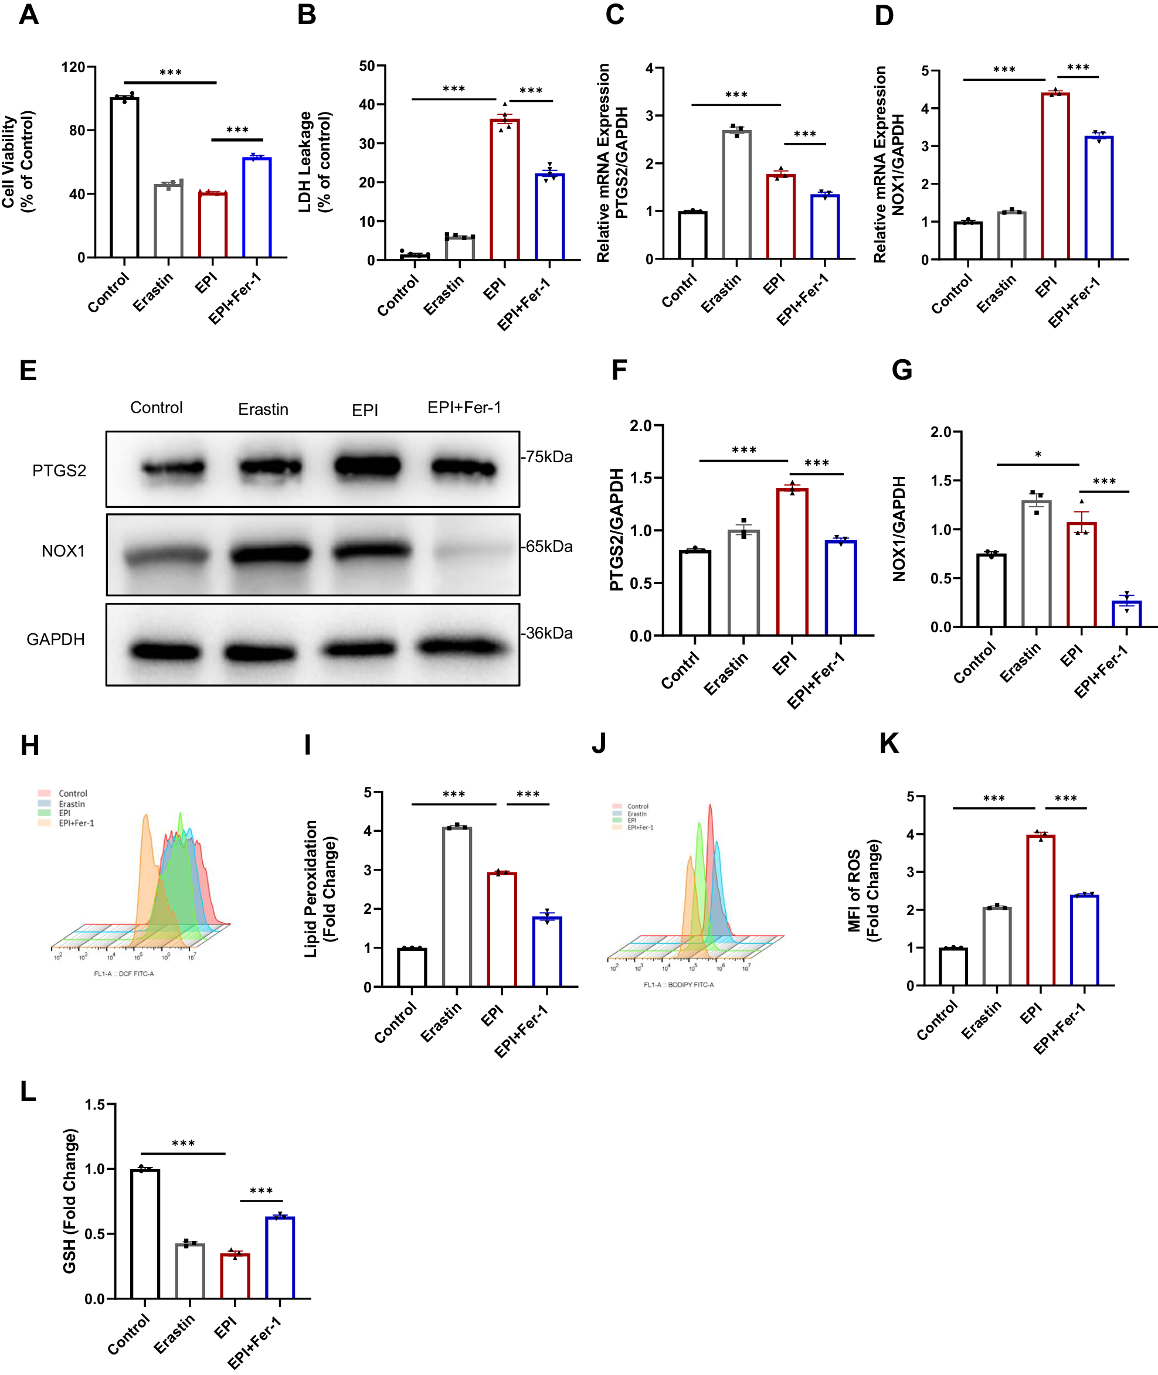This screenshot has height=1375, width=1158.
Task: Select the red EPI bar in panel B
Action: pos(504,190)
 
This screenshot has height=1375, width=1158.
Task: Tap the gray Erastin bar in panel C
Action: pos(736,195)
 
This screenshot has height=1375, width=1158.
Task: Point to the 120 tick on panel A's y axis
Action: pos(73,67)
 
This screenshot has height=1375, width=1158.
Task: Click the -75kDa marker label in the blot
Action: pos(547,456)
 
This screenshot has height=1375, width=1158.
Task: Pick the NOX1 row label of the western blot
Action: pos(63,551)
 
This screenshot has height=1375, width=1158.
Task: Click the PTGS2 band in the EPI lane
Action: pos(367,466)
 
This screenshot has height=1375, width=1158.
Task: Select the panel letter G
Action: pos(901,370)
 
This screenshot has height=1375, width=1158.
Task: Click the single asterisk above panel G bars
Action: pos(1038,455)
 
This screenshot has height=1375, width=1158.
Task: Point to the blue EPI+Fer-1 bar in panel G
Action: pos(1126,613)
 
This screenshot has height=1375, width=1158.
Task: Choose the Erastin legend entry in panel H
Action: pos(71,804)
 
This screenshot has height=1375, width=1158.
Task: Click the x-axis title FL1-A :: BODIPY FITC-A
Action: pos(678,985)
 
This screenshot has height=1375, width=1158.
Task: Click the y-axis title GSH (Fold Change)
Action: pos(70,1201)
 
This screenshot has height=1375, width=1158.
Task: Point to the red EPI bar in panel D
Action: pos(1055,176)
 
